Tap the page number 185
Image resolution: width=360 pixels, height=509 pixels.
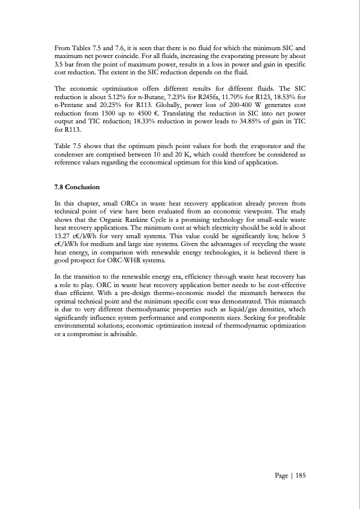(301, 476)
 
